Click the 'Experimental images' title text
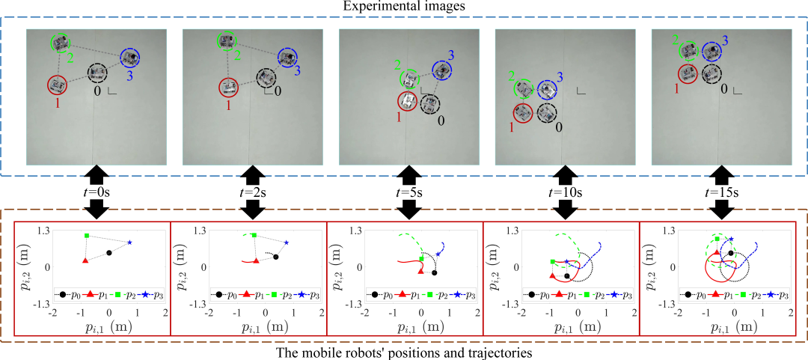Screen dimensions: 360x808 coord(404,7)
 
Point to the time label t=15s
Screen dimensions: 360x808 coord(722,192)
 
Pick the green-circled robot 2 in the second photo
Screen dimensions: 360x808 coord(225,42)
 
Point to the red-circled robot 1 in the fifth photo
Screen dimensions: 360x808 coord(689,73)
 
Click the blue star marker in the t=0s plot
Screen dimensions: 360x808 coord(129,242)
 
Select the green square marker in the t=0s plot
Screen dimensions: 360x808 coord(88,236)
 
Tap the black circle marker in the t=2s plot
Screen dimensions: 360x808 coord(276,257)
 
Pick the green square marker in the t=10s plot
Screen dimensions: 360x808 coord(552,261)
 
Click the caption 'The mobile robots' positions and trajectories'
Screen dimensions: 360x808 coord(404,352)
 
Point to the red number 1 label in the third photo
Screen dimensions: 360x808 coord(397,118)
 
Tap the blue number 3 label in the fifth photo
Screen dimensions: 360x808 coord(724,38)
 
